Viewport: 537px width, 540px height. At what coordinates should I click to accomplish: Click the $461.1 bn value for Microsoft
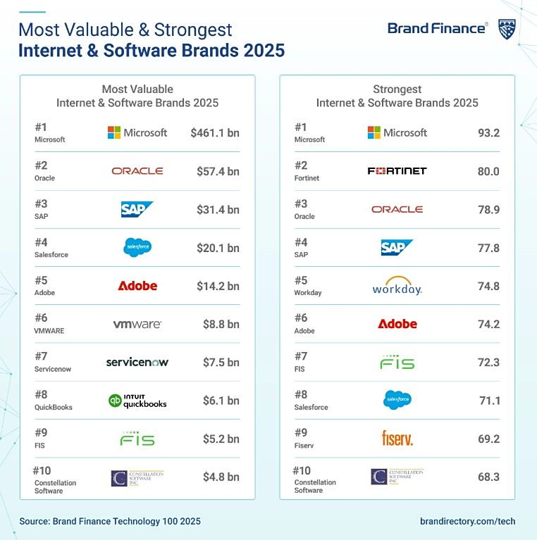[214, 132]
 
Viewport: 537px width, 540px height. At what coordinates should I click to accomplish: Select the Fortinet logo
[397, 171]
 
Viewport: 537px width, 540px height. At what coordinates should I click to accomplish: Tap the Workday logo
[397, 287]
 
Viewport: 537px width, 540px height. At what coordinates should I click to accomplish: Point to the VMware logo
[137, 325]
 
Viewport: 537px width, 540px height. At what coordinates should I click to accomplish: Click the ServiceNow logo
[137, 363]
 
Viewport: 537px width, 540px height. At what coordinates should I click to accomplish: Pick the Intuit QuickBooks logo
[137, 401]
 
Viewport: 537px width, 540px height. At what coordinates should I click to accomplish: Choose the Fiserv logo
[397, 439]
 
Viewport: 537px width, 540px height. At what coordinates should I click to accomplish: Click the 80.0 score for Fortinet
[488, 171]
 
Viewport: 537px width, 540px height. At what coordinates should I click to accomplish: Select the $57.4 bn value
[218, 171]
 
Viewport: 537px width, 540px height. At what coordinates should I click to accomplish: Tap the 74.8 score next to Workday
[488, 287]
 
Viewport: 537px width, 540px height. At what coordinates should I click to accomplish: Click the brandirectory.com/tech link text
[467, 522]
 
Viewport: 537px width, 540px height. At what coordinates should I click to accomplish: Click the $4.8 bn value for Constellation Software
[221, 477]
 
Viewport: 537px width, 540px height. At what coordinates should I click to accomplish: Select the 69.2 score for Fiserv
[488, 439]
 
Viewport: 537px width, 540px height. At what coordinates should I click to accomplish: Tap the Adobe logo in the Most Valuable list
[137, 286]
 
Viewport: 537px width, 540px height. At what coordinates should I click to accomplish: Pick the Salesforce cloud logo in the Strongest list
[397, 401]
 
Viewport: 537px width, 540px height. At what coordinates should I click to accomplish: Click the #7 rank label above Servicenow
[41, 356]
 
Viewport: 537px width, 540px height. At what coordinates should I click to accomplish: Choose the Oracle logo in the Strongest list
[397, 209]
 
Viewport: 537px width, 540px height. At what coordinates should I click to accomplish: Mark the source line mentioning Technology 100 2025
[110, 522]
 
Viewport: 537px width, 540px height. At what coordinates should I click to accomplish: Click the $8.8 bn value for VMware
[221, 325]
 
